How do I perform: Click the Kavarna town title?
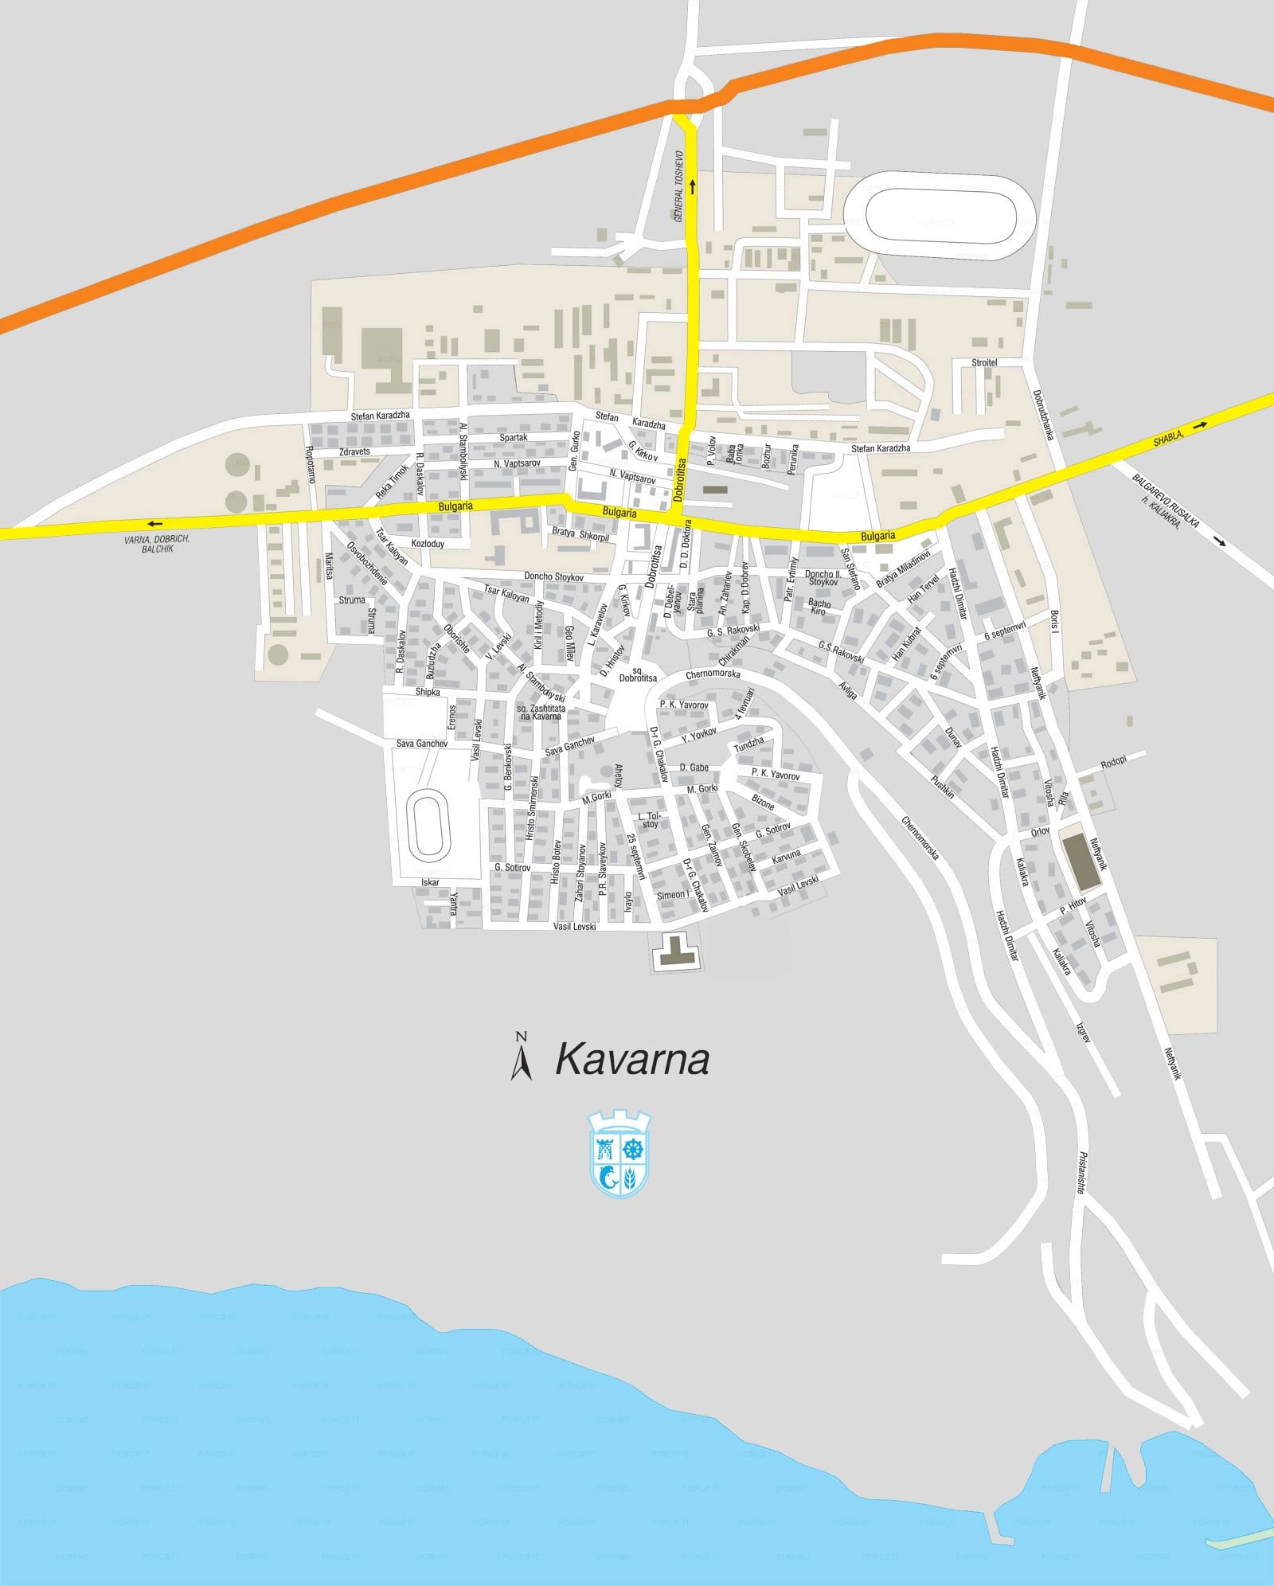631,1060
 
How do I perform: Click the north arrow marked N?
522,1056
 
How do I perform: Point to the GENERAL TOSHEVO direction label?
679,186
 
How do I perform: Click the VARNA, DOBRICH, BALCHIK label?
157,544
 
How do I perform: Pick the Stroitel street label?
984,363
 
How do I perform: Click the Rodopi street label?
1114,762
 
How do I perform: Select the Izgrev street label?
1084,1033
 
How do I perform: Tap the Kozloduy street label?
428,544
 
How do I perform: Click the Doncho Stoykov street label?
553,576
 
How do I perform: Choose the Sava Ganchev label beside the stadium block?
422,744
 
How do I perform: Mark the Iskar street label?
430,882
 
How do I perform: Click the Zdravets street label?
354,451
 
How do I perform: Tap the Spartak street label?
514,437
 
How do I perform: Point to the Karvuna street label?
786,855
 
